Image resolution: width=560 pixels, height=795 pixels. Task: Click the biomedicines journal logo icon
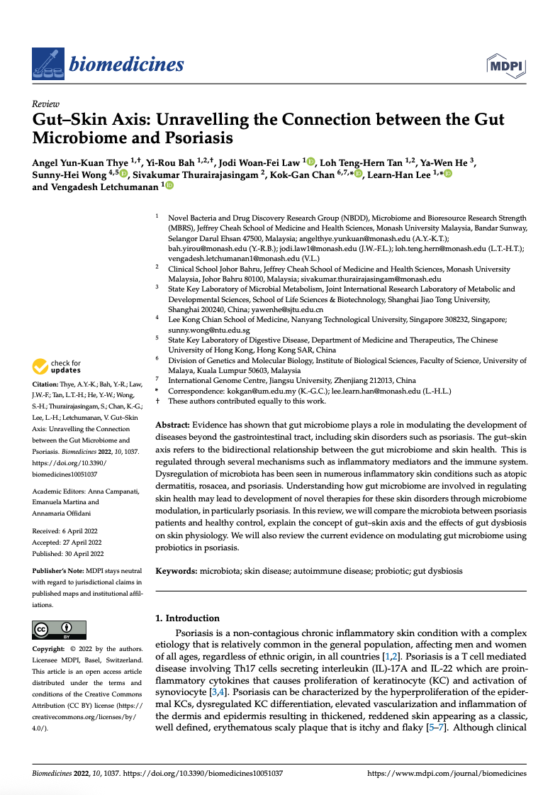(47, 65)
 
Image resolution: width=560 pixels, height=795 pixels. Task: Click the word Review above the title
(45, 104)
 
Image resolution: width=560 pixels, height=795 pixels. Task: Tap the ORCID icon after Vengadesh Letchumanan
(169, 187)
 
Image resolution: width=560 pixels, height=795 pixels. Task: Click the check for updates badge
(57, 367)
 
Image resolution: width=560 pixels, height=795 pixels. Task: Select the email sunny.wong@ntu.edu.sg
(208, 330)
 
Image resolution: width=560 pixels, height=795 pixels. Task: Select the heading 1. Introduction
(187, 618)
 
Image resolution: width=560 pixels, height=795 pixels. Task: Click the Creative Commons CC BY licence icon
(60, 630)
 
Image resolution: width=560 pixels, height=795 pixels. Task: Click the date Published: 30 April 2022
(68, 554)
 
